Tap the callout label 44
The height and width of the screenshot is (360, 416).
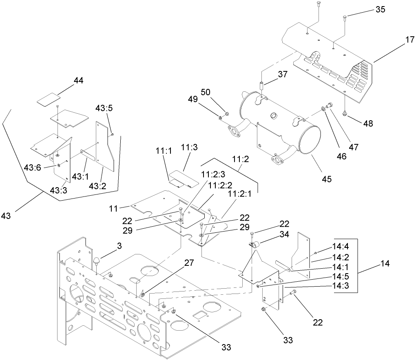pos(78,81)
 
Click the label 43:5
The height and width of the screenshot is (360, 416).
pos(104,108)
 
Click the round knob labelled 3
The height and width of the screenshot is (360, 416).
pos(97,261)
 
